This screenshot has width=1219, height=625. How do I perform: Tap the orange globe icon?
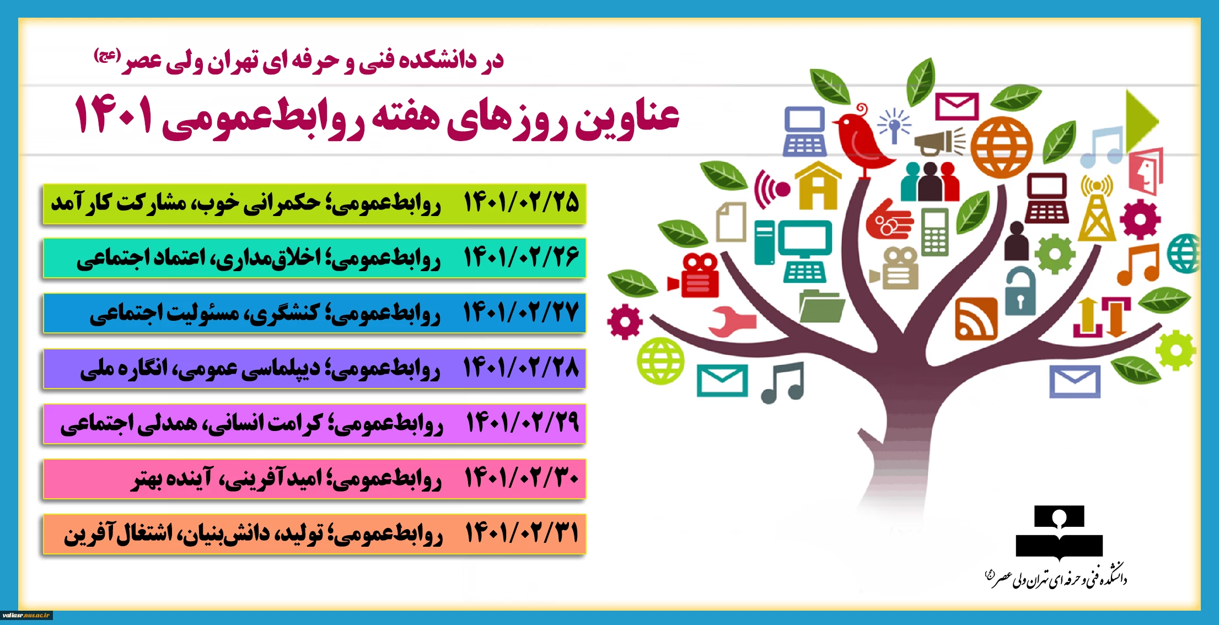[1002, 148]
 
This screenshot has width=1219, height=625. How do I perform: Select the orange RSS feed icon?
[976, 319]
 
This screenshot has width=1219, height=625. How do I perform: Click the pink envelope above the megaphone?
[957, 106]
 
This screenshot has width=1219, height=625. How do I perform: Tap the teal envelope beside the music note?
[722, 380]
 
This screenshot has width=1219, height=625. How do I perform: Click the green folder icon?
[821, 306]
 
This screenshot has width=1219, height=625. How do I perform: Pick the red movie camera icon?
[695, 276]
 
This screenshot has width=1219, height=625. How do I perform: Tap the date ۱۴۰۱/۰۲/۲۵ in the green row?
[521, 203]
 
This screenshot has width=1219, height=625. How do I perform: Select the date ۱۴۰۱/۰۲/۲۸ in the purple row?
[521, 368]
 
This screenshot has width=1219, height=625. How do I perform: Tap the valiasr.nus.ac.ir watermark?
[26, 615]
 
